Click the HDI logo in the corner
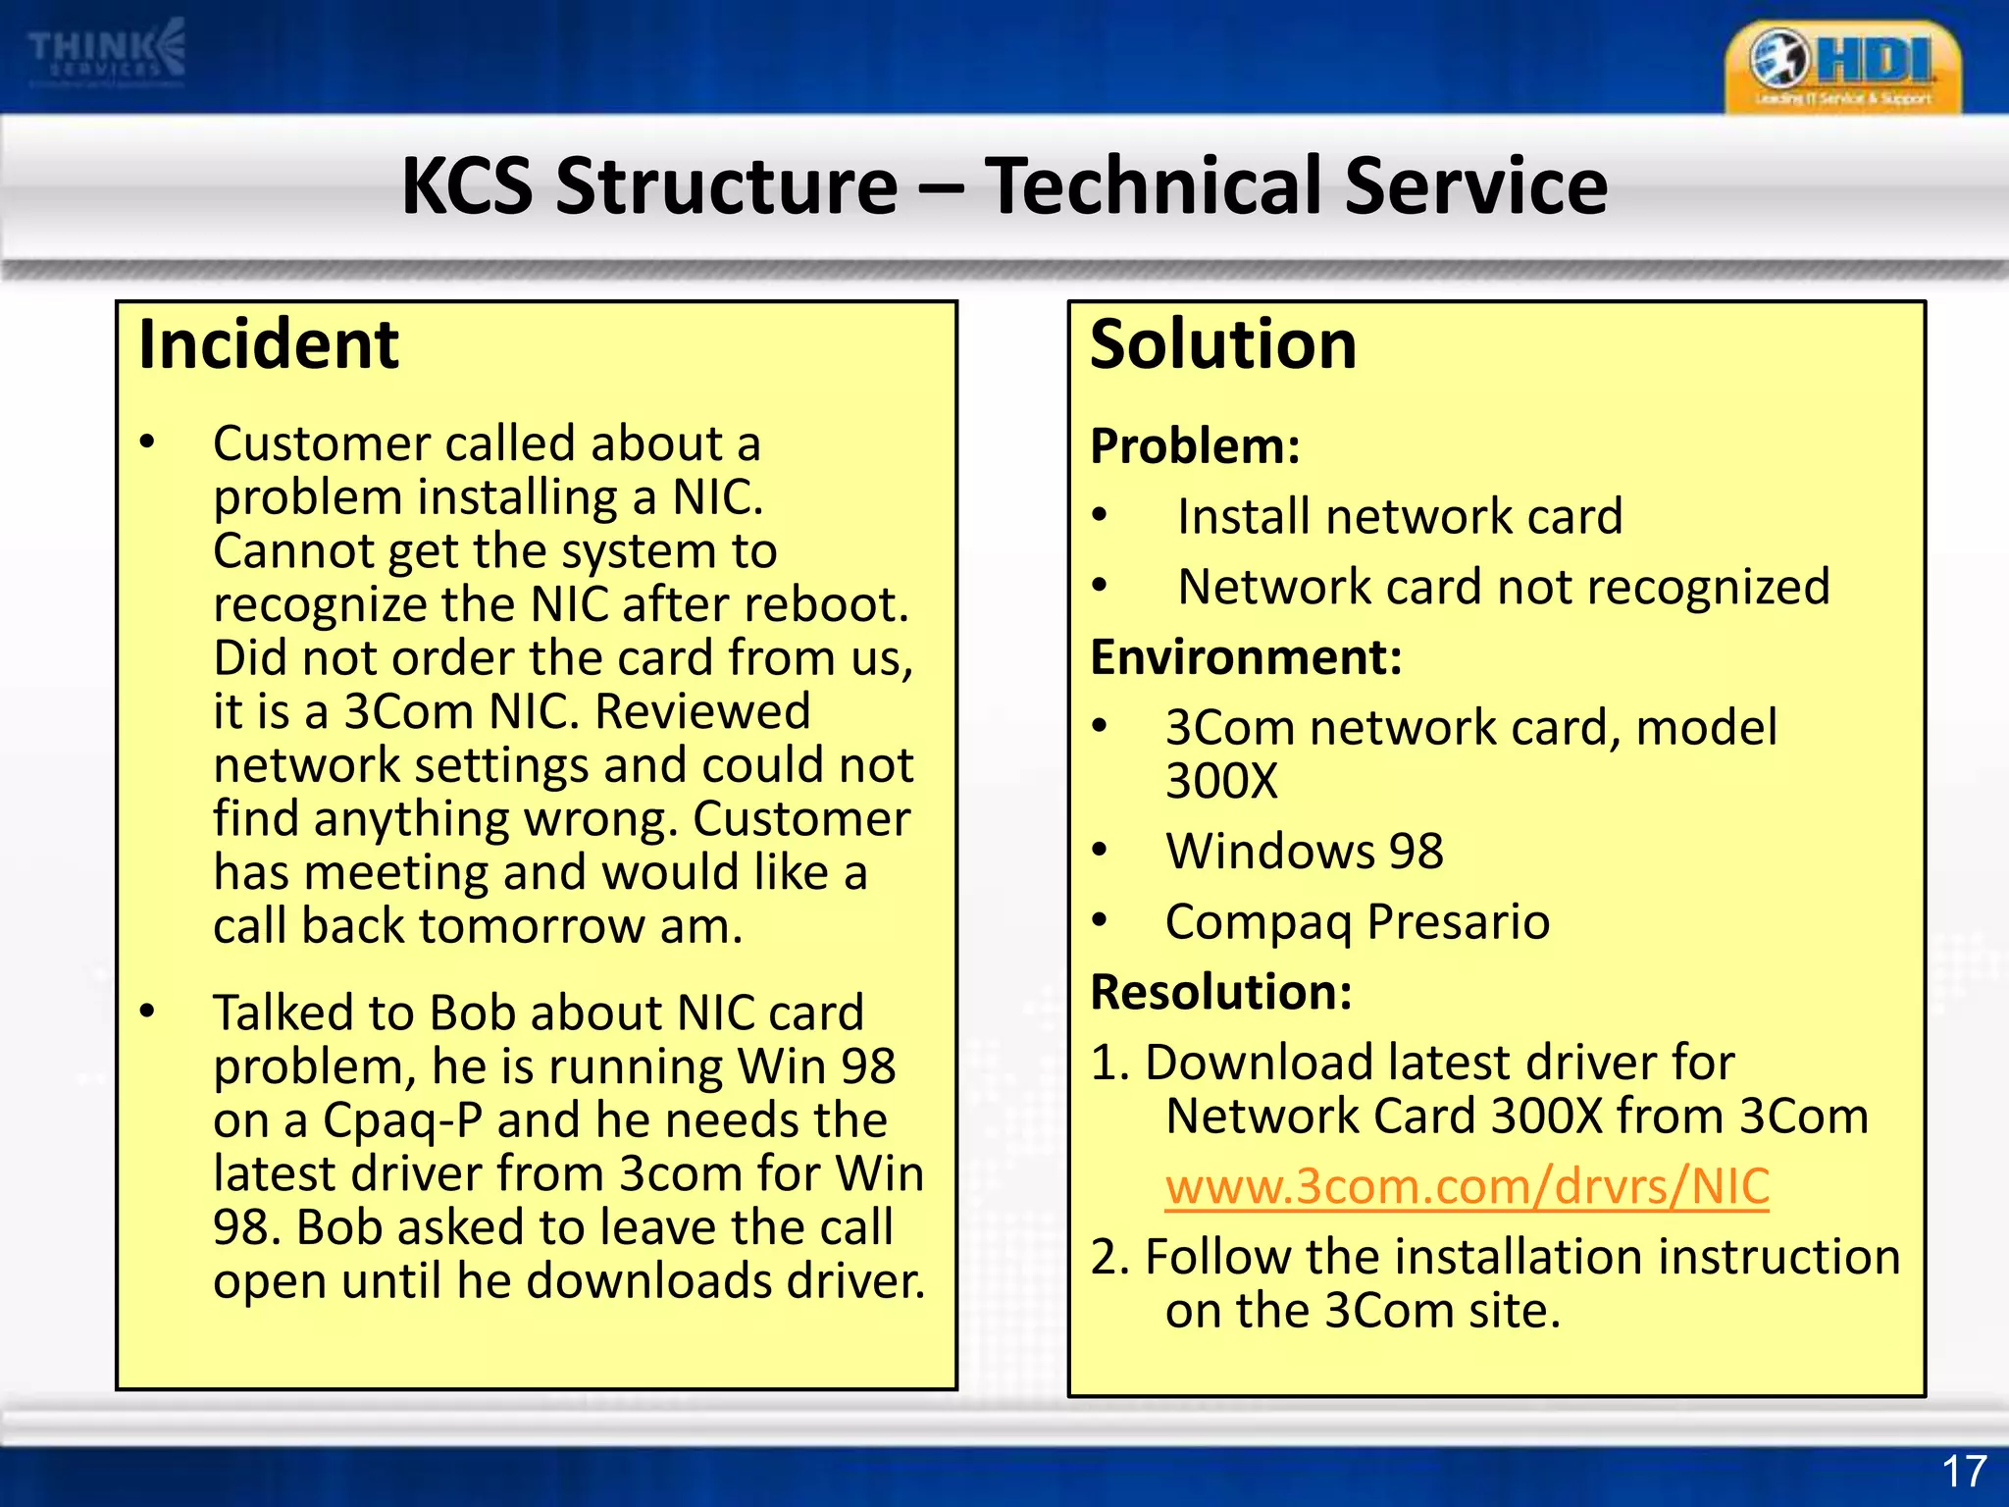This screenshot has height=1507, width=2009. [x=1842, y=67]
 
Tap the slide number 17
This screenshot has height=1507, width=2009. [x=1964, y=1473]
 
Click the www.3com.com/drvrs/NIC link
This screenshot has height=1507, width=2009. [x=1467, y=1186]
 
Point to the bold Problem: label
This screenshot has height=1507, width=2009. [x=1195, y=446]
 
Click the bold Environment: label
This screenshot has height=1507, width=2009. [x=1246, y=657]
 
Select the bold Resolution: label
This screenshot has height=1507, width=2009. [x=1221, y=992]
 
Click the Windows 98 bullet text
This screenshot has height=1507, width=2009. [x=1304, y=851]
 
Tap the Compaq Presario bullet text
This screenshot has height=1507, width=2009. [x=1357, y=921]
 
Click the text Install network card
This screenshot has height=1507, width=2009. [x=1399, y=517]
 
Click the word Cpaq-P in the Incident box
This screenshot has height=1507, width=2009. [x=402, y=1120]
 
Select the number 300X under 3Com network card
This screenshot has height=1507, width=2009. [x=1221, y=782]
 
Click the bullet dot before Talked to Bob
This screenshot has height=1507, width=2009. [x=147, y=1011]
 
